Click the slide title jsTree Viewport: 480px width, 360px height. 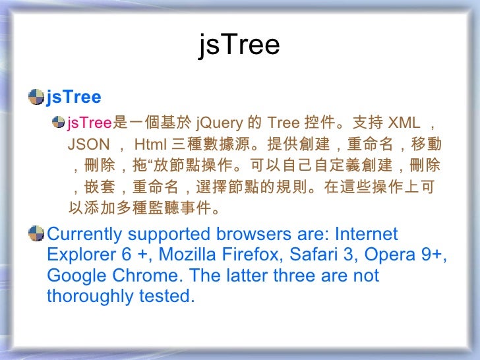[x=239, y=46]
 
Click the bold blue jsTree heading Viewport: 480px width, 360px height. [x=74, y=98]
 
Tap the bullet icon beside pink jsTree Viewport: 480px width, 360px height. [x=61, y=122]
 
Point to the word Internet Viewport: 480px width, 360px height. [x=367, y=234]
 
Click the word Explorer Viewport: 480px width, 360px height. [x=78, y=255]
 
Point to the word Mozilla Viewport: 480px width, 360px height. [x=187, y=255]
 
